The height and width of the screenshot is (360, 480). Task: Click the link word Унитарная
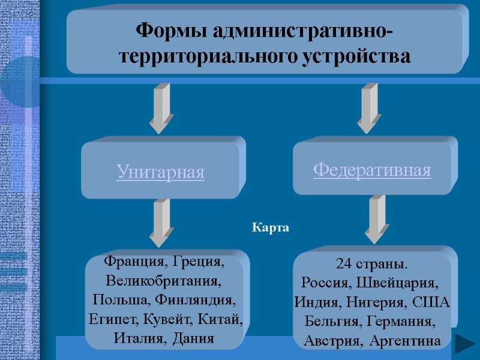coord(160,173)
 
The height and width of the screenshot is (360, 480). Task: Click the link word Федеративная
coord(372,170)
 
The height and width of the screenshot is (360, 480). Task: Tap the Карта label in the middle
coord(270,228)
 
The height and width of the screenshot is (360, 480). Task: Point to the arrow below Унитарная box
coord(161,222)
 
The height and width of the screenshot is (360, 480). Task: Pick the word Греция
coord(200,262)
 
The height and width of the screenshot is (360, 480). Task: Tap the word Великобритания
coord(163,281)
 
